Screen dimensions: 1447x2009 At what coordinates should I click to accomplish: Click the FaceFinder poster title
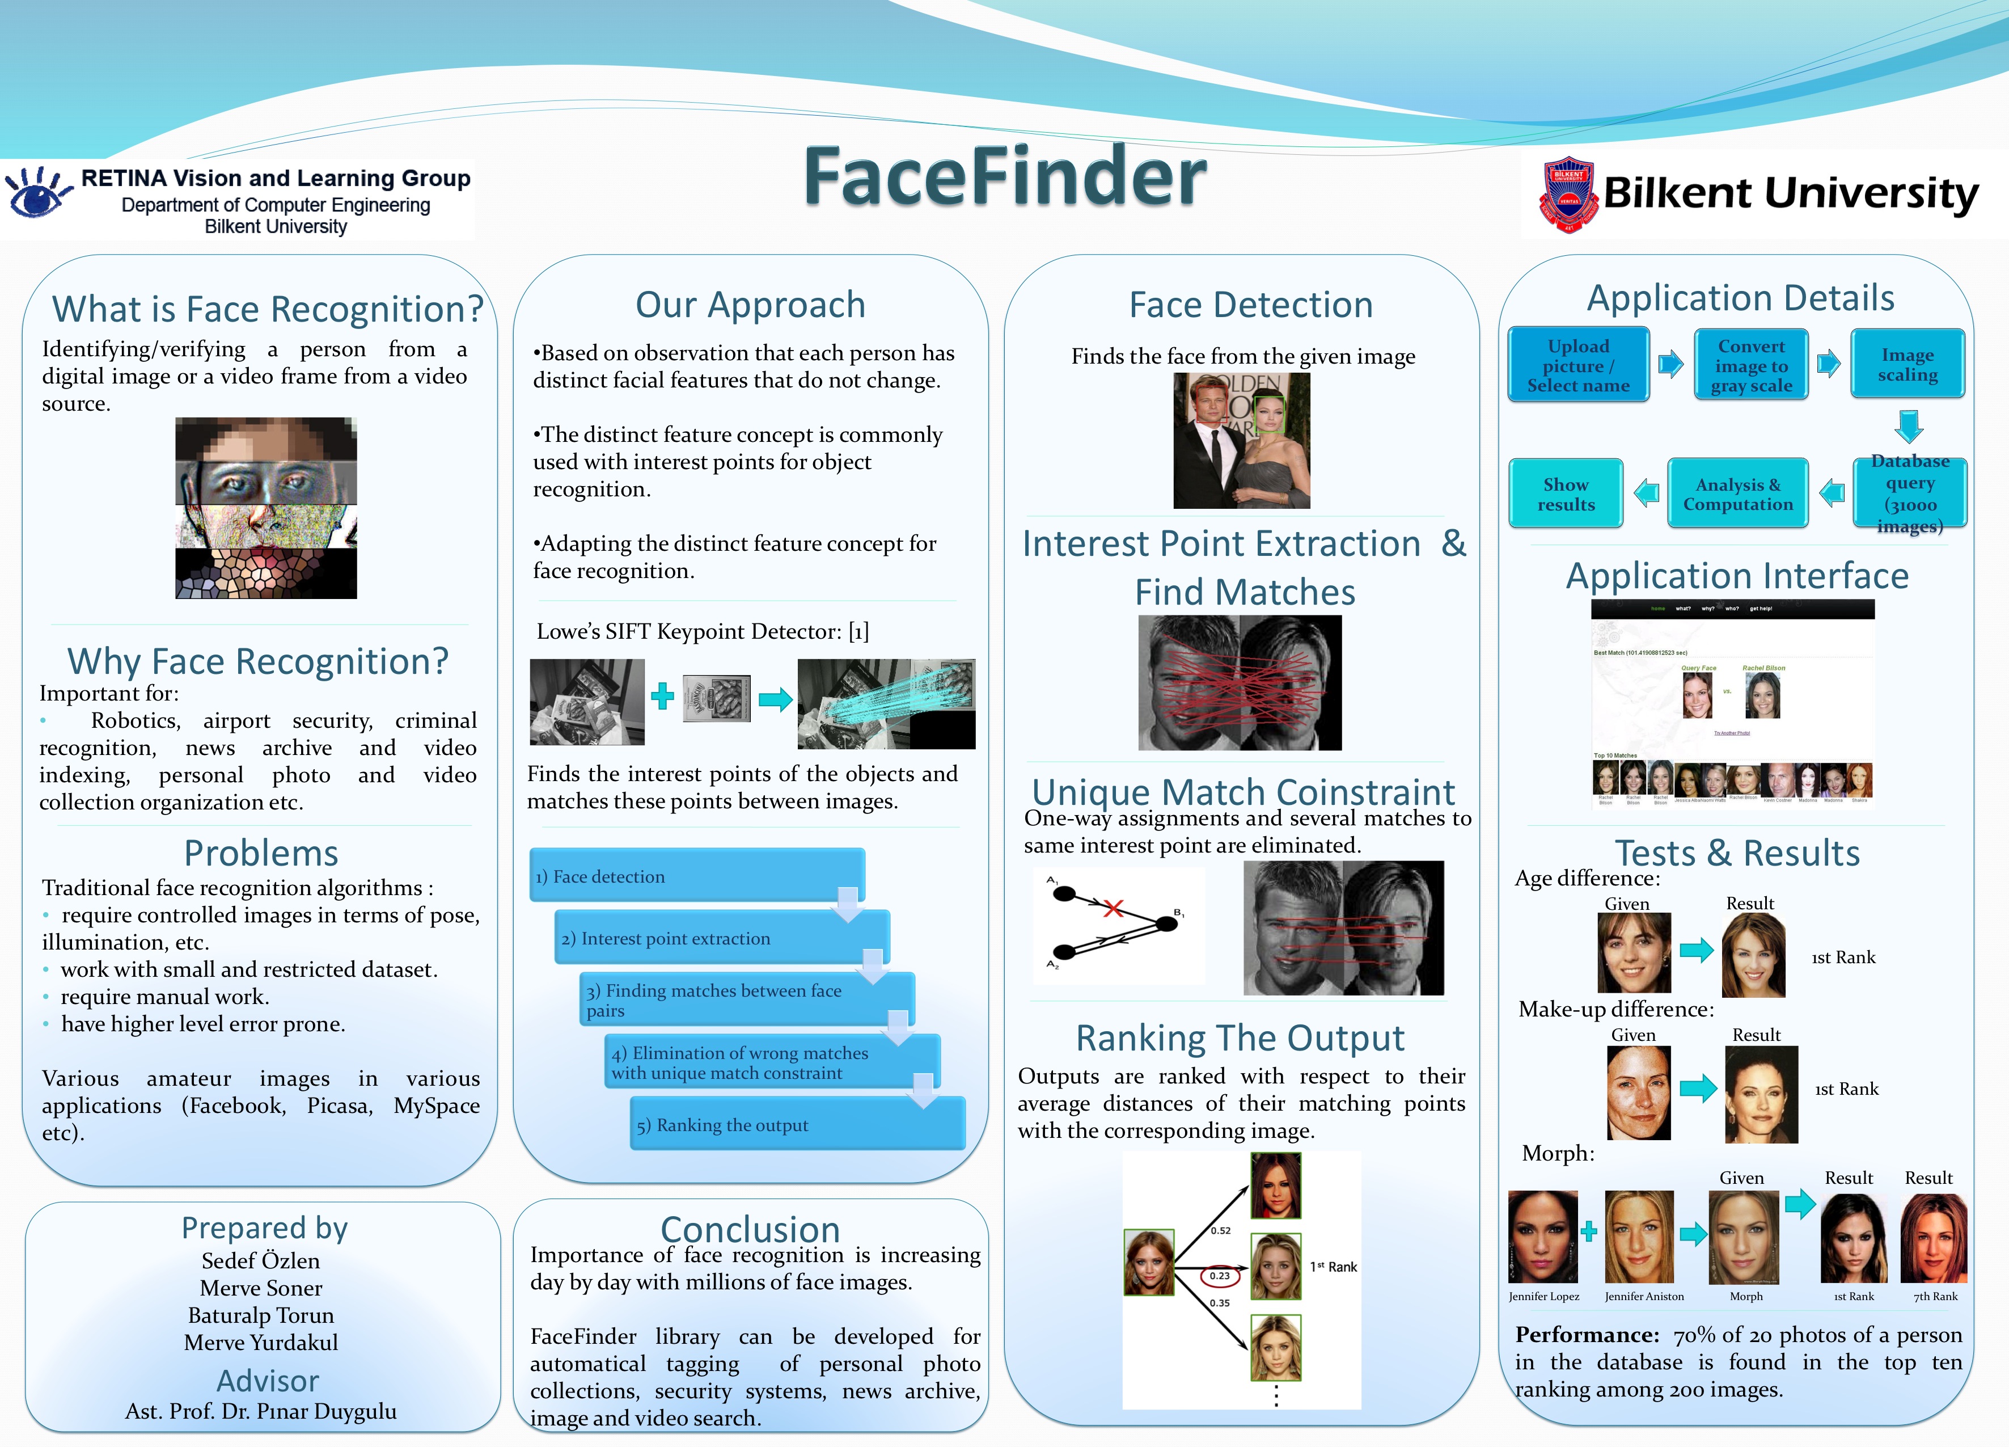click(1005, 177)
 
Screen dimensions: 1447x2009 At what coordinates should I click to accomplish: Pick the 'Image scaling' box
click(1907, 364)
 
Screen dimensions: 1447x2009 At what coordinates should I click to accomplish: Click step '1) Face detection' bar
click(696, 875)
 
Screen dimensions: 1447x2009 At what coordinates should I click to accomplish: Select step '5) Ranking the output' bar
click(796, 1124)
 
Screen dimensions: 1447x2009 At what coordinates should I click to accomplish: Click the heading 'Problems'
click(261, 853)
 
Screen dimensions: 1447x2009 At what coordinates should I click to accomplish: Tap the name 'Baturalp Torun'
click(261, 1315)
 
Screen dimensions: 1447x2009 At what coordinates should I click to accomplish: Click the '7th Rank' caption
click(1935, 1296)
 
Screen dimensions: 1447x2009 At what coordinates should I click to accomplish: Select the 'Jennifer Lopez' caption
click(1543, 1296)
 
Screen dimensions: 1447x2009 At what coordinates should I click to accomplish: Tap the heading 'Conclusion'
click(750, 1229)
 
